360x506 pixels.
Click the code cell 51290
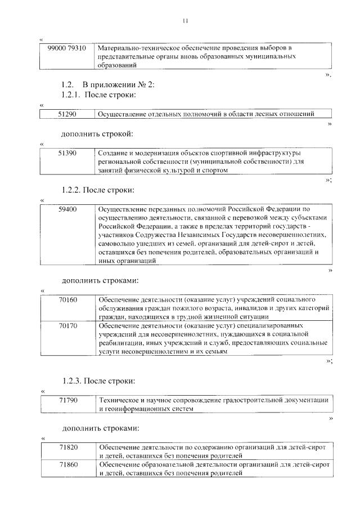(67, 114)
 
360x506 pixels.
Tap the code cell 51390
(67, 153)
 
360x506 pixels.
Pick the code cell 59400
(67, 209)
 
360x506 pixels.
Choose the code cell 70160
(67, 299)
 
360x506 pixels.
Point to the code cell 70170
(67, 325)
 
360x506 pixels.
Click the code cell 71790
(67, 400)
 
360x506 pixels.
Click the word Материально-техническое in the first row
(134, 48)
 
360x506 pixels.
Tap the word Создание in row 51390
(113, 153)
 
